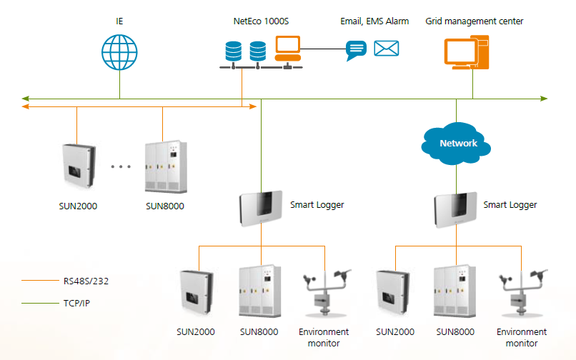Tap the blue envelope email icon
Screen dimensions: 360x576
387,49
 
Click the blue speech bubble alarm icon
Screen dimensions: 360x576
356,50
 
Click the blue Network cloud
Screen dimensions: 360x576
458,144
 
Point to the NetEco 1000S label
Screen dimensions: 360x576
261,21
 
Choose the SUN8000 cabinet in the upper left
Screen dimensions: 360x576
165,167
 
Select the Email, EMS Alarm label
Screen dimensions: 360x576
374,21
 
